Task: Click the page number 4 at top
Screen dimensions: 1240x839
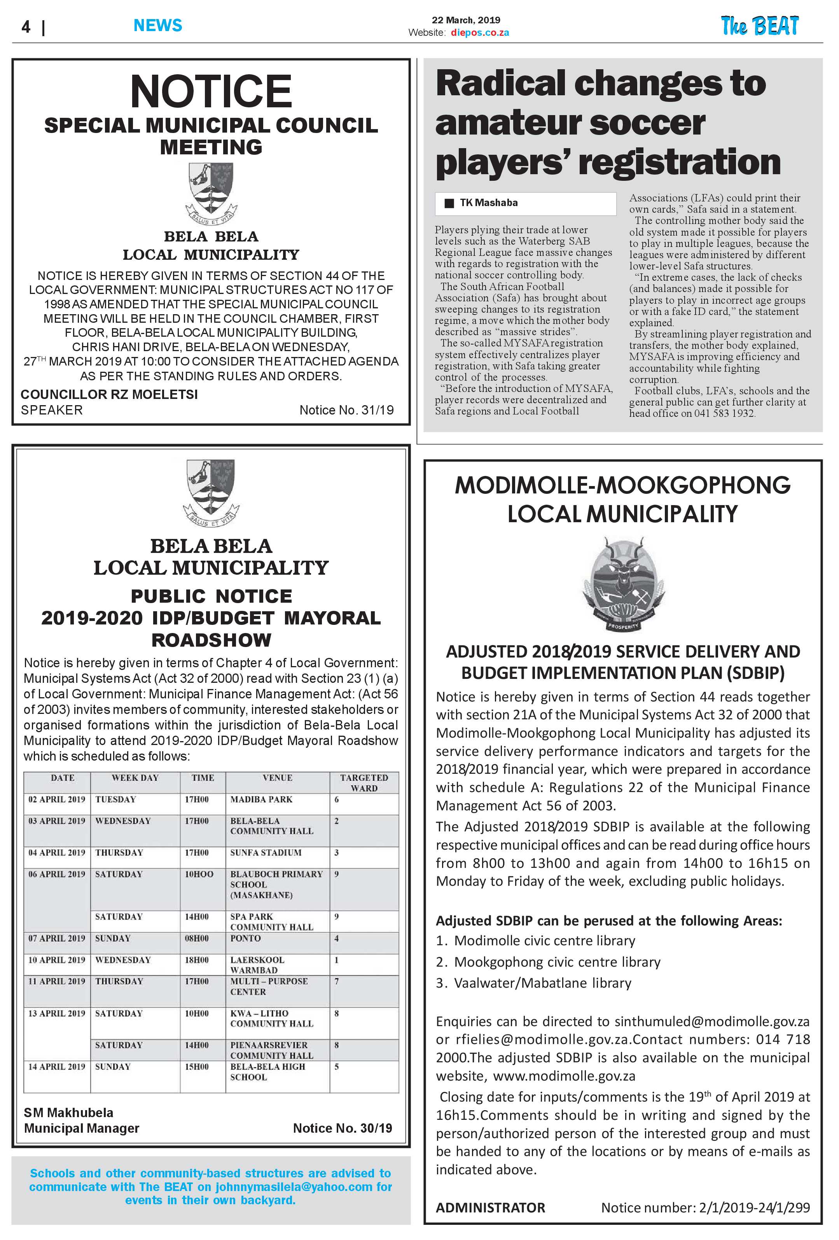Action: pos(26,27)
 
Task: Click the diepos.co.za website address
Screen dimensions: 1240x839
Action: pos(479,33)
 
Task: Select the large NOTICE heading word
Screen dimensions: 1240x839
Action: pos(211,91)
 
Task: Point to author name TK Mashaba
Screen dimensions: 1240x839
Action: pos(489,203)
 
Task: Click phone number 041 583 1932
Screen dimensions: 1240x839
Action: pos(724,413)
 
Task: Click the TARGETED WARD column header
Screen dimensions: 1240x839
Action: pos(364,783)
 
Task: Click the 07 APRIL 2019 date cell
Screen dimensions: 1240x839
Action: pos(56,938)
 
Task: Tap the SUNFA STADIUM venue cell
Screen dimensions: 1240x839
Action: pos(266,853)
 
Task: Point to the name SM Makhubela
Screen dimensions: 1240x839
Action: pos(68,1112)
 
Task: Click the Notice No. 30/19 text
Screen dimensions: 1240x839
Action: pos(343,1128)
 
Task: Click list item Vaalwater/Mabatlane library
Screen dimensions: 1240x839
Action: pos(542,983)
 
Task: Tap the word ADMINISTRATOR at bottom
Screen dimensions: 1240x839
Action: pos(490,1207)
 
